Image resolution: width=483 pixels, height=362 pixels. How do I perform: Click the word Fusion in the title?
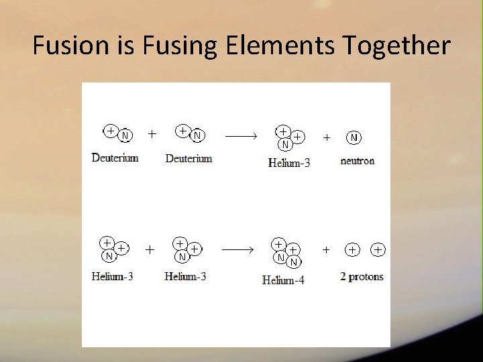click(66, 46)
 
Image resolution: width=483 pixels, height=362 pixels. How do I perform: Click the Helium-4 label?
click(283, 280)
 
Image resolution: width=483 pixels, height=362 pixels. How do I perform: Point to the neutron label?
click(358, 161)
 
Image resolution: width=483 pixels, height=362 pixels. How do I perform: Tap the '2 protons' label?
click(362, 276)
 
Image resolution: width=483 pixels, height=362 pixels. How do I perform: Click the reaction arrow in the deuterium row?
click(241, 136)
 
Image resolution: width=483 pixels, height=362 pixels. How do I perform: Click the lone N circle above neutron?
click(354, 137)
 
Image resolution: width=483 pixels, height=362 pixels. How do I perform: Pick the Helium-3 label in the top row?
click(289, 162)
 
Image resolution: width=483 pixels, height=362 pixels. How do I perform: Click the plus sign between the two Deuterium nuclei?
click(152, 134)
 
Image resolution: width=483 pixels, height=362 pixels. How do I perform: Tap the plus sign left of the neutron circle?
click(327, 137)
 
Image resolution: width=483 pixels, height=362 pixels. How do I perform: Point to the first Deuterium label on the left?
click(115, 158)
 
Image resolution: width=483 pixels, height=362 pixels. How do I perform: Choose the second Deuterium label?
click(189, 159)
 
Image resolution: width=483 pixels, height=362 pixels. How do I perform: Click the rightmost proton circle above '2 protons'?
click(378, 249)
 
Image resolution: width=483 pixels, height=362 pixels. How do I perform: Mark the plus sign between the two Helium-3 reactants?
click(149, 249)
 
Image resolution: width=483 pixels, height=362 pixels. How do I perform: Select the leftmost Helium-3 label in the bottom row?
click(112, 276)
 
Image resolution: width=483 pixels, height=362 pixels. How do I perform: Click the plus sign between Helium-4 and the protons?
click(327, 249)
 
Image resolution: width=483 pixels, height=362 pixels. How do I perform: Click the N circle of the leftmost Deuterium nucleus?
click(125, 136)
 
